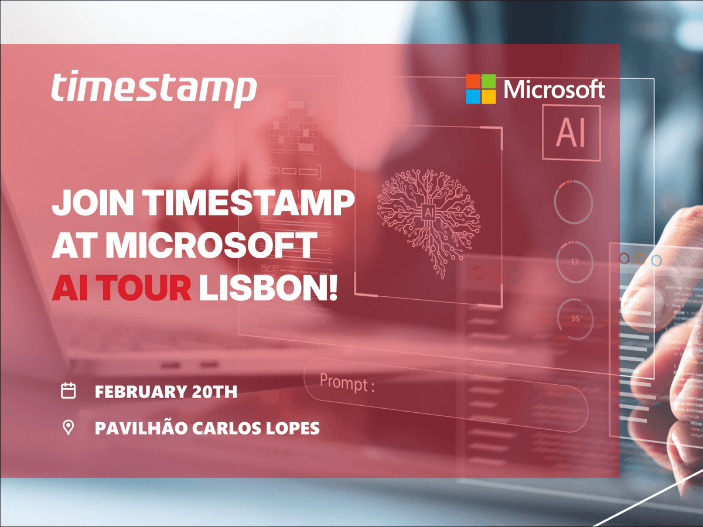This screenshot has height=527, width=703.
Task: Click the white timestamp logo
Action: tap(153, 90)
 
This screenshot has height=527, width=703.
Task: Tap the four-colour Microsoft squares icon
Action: tap(480, 89)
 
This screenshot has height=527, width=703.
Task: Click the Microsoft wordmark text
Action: tap(554, 90)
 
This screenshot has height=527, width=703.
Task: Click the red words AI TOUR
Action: tap(122, 288)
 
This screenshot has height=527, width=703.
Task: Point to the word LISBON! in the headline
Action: tap(268, 288)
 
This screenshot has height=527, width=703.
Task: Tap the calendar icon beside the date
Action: tap(69, 391)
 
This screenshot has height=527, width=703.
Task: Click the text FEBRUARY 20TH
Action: tap(166, 391)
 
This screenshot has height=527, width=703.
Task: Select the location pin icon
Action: tap(69, 427)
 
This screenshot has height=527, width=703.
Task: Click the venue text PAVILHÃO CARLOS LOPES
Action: tap(207, 428)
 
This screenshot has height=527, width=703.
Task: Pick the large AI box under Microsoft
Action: tap(571, 133)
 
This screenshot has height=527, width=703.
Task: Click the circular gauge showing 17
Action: tap(574, 262)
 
